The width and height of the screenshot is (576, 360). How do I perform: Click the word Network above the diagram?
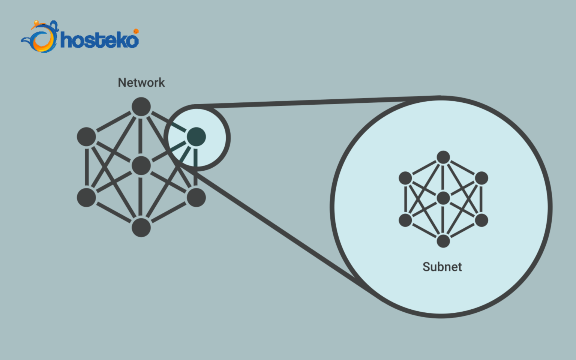click(x=141, y=82)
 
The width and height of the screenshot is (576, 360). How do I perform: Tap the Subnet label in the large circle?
click(x=442, y=267)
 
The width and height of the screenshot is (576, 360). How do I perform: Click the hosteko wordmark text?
click(x=100, y=40)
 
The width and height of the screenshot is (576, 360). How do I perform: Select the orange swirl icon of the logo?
click(x=40, y=38)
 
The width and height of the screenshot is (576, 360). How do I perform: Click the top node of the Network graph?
click(x=141, y=107)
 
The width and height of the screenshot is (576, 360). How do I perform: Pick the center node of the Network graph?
click(x=141, y=166)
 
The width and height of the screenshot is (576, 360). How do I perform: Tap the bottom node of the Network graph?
click(x=141, y=227)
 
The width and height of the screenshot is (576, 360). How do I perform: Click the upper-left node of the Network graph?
click(x=87, y=136)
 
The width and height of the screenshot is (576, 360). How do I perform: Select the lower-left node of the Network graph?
click(x=87, y=197)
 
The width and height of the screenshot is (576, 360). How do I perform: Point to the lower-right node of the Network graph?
click(x=196, y=197)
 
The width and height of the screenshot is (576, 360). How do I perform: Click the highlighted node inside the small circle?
click(x=196, y=136)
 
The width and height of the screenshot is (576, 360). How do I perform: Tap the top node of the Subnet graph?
click(x=443, y=157)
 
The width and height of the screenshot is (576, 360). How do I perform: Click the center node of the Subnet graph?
click(x=443, y=198)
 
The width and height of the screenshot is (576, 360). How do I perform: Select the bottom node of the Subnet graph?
click(x=443, y=241)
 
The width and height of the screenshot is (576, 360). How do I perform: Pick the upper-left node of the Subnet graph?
click(x=405, y=178)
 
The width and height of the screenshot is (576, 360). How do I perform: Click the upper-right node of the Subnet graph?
click(x=481, y=178)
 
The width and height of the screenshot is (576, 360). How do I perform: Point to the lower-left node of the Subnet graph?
click(x=405, y=220)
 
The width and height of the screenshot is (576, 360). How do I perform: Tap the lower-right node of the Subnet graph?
click(x=481, y=220)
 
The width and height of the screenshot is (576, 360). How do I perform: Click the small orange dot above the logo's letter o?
click(x=136, y=31)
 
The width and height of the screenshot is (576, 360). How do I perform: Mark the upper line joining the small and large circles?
click(x=319, y=102)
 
